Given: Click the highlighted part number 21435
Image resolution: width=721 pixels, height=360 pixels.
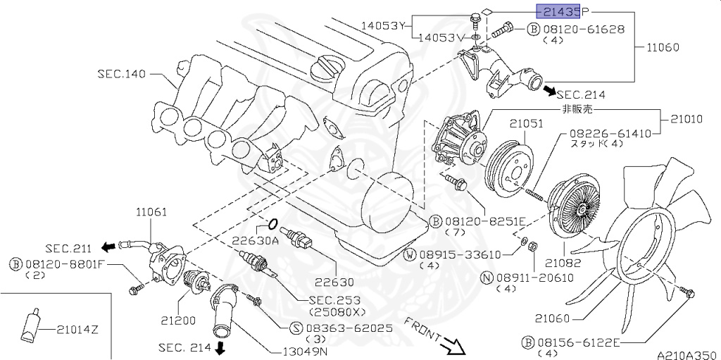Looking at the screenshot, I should point(558,11).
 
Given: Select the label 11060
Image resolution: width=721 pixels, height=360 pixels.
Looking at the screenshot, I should point(663,48).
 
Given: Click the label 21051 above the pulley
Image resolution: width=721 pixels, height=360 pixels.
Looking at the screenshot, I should point(527,123).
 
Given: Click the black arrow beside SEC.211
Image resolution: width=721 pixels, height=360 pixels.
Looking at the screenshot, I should point(108,247).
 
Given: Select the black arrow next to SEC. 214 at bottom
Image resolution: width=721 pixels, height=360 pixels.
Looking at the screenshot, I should point(220,348).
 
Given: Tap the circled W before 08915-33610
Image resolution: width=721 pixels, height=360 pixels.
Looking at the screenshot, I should point(428,254).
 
